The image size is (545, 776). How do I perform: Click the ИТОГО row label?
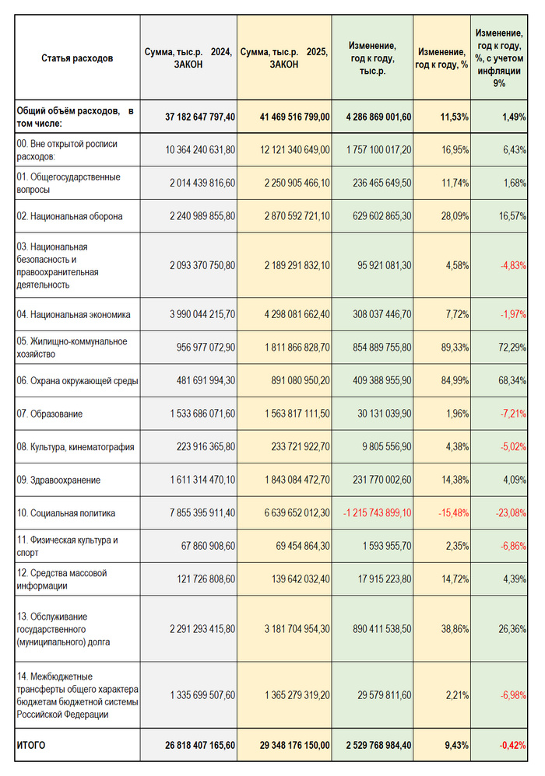click(31, 746)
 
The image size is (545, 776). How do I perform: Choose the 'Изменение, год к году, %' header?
click(442, 58)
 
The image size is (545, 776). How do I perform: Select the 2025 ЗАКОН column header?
click(284, 58)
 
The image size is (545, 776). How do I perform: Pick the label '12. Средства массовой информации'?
click(62, 579)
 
